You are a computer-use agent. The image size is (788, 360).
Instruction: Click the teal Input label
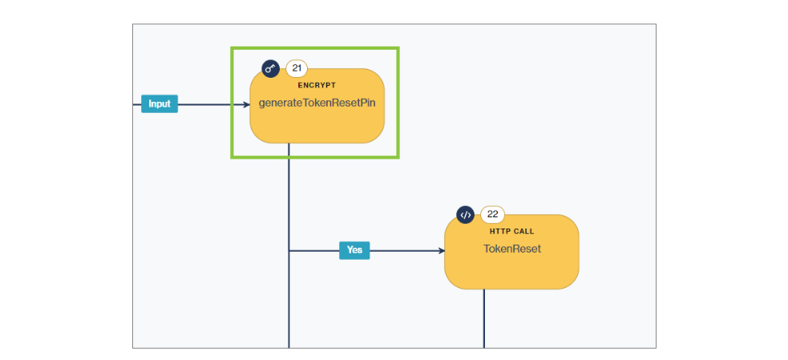coord(160,104)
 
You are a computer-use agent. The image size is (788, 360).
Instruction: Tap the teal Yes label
coord(354,250)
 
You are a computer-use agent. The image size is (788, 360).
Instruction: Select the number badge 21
coord(297,68)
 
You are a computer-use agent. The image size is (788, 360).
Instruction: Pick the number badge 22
coord(492,214)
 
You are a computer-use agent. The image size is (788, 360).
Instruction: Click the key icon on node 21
coord(271,68)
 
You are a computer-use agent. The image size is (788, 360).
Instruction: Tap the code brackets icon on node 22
coord(466,214)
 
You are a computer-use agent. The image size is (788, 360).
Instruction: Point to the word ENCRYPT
coord(317,85)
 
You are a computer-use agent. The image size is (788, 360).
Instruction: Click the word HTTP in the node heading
coord(500,232)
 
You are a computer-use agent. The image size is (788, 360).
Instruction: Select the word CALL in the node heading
coord(523,232)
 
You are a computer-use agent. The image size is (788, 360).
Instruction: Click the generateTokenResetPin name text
coord(317,103)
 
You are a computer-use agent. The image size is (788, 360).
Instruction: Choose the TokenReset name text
coord(511,249)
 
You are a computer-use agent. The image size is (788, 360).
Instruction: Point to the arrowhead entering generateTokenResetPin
coord(246,104)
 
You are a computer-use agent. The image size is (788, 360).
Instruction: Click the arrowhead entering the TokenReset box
coord(441,251)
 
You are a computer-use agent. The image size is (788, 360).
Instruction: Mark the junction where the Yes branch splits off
coord(289,251)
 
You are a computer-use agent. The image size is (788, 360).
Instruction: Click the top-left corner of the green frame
coord(232,48)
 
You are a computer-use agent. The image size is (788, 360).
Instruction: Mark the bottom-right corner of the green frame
coord(398,157)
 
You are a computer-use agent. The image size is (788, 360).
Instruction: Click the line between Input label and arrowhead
coord(208,104)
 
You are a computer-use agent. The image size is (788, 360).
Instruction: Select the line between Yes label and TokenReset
coord(405,251)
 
